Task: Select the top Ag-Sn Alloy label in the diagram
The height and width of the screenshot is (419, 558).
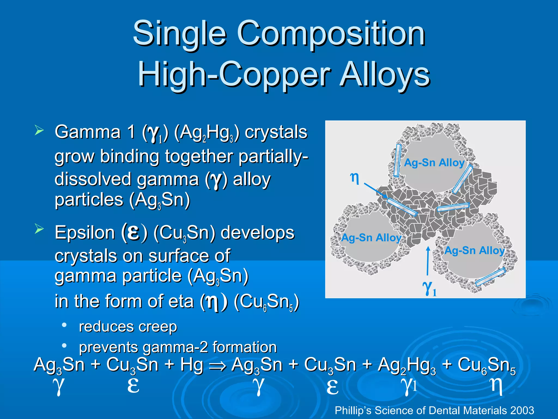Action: [434, 163]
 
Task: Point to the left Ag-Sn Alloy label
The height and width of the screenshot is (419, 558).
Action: [371, 238]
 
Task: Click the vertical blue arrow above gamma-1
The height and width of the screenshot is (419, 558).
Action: [428, 261]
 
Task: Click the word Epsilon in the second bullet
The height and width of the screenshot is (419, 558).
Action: [84, 233]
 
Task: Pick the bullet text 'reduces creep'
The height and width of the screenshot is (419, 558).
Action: [128, 327]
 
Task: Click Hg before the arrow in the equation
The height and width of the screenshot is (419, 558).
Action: [192, 365]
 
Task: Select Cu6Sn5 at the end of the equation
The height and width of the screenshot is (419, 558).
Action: [486, 366]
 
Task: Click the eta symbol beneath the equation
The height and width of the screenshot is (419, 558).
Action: [497, 386]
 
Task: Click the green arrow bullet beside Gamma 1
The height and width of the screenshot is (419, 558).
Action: [39, 130]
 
